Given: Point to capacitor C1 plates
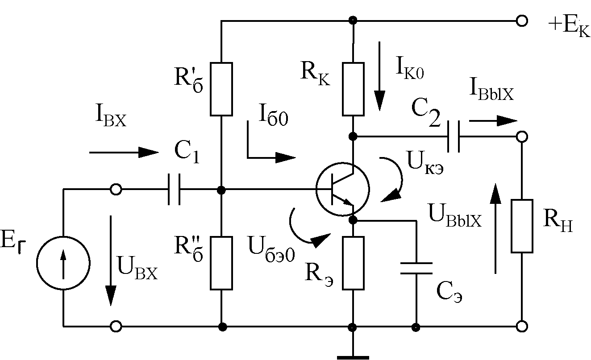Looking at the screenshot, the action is [x=174, y=189].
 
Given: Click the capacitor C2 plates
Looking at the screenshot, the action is [x=454, y=137].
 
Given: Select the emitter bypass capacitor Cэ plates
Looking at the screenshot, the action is [x=416, y=269].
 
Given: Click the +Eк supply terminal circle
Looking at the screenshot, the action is [x=522, y=21].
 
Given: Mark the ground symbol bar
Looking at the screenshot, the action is [x=353, y=358].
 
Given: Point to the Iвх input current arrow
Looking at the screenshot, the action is [x=124, y=153].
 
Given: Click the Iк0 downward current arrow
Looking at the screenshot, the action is [x=380, y=76].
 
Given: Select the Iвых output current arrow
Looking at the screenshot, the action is [x=493, y=121].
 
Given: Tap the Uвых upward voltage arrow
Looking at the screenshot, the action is [x=495, y=228].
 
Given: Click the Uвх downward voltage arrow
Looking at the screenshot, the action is [x=111, y=261].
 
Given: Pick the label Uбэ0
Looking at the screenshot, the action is [x=271, y=249].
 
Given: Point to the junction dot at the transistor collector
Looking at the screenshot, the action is [x=353, y=137].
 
